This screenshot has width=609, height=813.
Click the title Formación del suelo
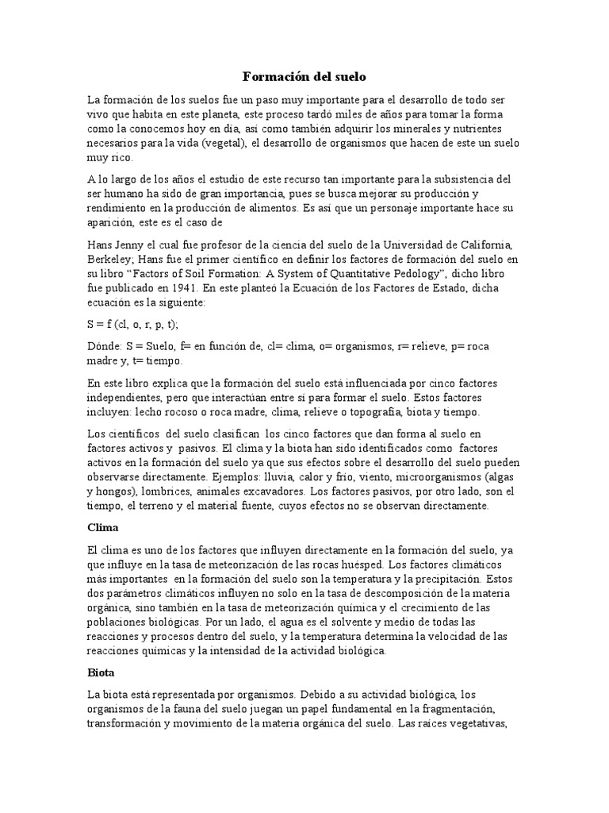pyautogui.click(x=304, y=78)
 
